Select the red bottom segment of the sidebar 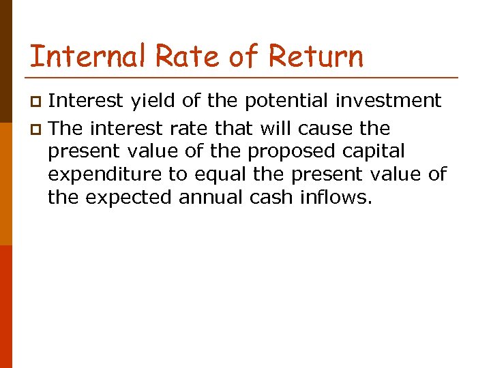click(6, 307)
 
